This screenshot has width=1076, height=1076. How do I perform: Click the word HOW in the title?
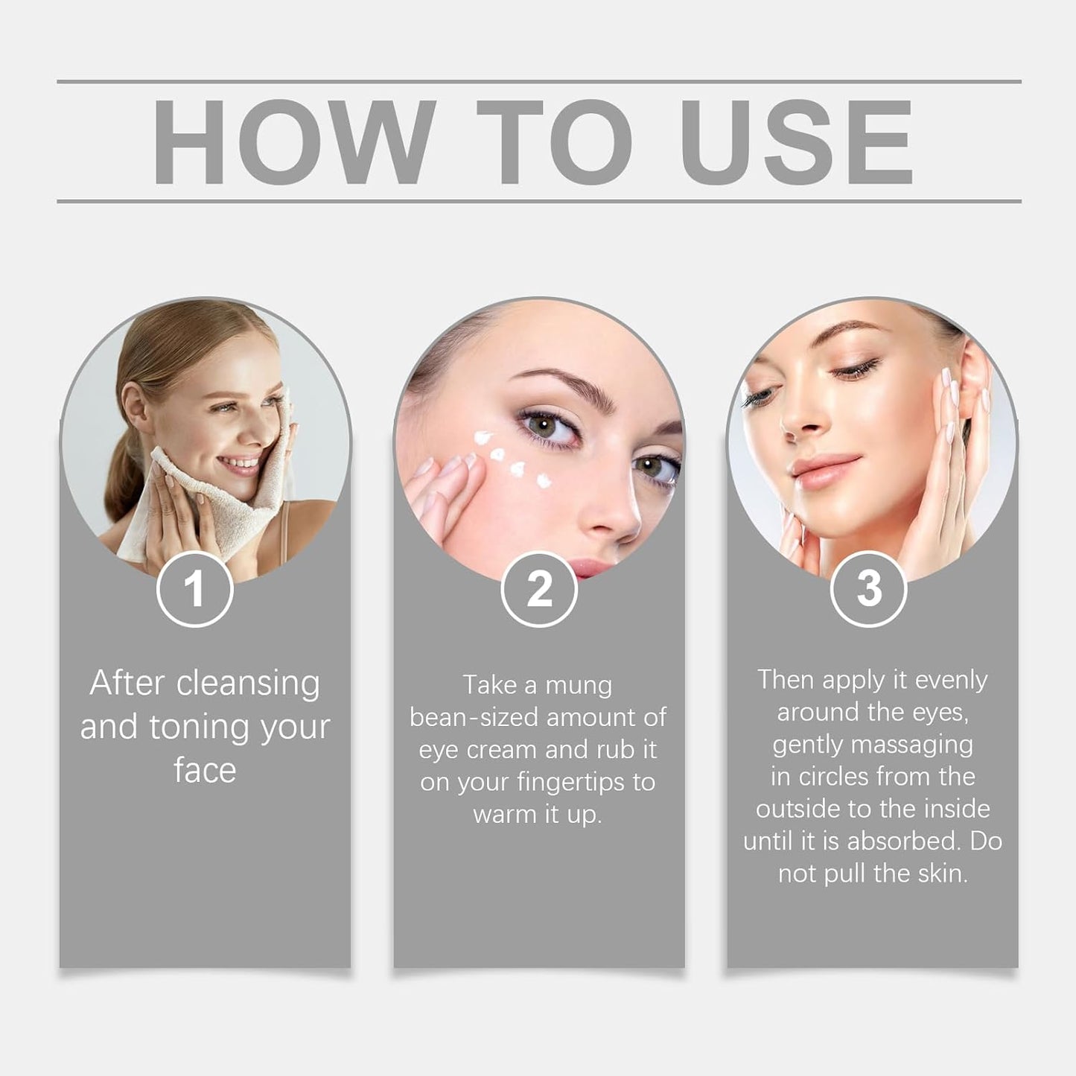click(293, 141)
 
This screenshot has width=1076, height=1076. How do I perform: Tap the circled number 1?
click(194, 590)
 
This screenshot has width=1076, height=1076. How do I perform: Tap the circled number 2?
click(539, 590)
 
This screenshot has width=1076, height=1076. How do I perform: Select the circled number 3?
click(868, 590)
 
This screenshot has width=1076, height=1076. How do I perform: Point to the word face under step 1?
click(205, 770)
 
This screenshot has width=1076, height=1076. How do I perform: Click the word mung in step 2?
click(579, 685)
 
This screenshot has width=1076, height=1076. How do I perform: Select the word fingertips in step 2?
click(560, 783)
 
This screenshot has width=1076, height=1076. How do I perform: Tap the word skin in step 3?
click(942, 873)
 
